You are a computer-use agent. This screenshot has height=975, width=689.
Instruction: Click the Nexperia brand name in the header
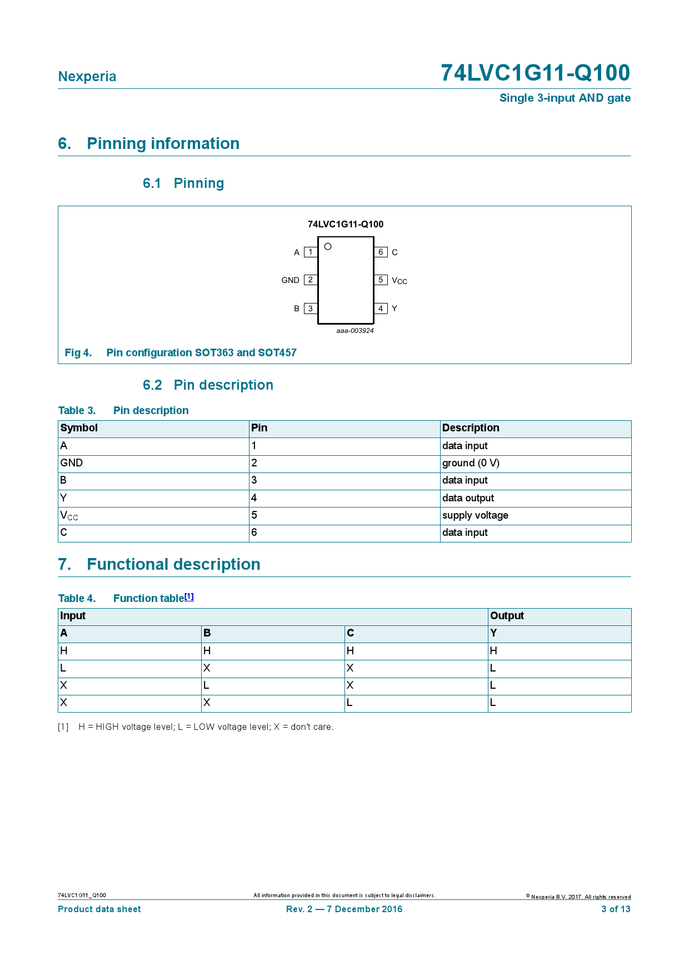[87, 77]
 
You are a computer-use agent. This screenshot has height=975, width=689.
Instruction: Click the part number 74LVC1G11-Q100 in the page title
[535, 73]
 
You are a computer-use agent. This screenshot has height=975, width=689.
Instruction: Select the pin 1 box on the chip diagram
[311, 252]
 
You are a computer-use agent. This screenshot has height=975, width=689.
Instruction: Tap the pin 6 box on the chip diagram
[381, 252]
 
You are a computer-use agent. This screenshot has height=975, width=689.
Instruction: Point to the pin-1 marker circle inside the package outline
[328, 246]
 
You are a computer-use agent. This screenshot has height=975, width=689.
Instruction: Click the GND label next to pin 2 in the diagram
[290, 280]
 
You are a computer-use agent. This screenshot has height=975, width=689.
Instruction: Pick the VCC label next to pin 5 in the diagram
[399, 281]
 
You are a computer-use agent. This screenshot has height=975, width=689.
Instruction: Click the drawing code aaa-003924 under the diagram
[355, 331]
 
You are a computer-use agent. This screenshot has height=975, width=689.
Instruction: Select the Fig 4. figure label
[78, 353]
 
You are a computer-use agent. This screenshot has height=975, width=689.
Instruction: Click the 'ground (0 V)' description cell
[471, 463]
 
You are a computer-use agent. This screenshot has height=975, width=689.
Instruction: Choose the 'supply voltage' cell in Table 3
[475, 515]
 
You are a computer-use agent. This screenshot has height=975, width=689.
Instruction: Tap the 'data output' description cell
[468, 498]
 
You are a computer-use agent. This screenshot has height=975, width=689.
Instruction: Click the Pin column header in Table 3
[259, 428]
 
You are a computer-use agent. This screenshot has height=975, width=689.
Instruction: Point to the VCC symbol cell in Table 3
[69, 516]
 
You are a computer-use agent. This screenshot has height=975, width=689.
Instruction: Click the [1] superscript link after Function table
[189, 596]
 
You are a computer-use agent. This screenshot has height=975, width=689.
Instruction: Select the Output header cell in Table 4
[507, 616]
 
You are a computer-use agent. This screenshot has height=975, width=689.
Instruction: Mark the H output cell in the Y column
[493, 651]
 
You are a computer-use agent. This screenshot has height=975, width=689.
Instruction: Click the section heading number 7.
[64, 565]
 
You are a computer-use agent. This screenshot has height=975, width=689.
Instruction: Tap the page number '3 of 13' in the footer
[616, 909]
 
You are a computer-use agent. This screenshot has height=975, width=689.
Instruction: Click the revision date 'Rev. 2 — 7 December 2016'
[344, 909]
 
